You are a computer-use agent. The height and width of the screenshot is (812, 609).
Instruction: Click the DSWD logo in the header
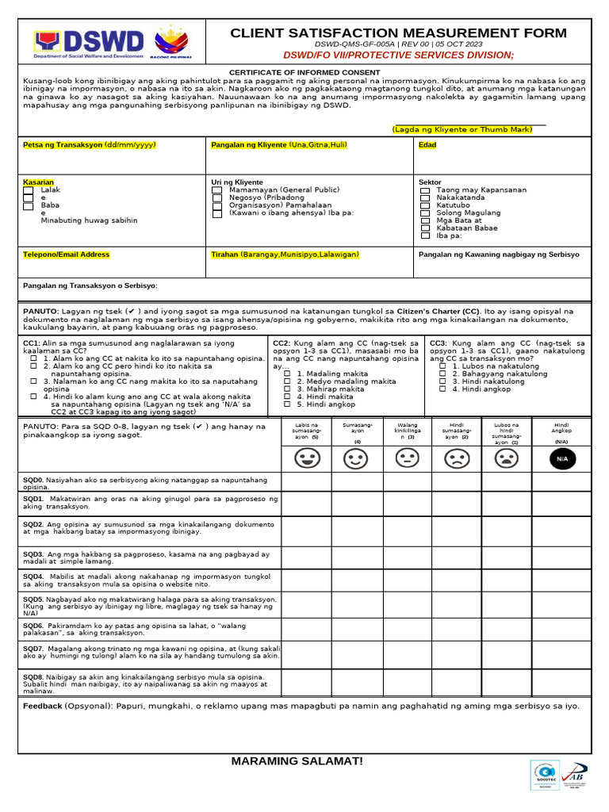pyautogui.click(x=89, y=44)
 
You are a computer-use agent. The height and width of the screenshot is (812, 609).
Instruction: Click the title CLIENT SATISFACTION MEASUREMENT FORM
pyautogui.click(x=398, y=33)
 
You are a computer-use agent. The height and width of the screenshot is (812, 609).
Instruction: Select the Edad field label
pyautogui.click(x=427, y=145)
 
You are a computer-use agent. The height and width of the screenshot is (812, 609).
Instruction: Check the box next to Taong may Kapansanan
pyautogui.click(x=425, y=191)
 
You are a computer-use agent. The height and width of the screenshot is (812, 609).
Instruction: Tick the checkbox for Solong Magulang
pyautogui.click(x=425, y=213)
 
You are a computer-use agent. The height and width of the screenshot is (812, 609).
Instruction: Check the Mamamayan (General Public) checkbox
pyautogui.click(x=217, y=191)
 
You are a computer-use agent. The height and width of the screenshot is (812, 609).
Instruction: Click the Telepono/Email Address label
pyautogui.click(x=67, y=255)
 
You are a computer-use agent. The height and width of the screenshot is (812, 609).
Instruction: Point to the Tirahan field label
pyautogui.click(x=285, y=255)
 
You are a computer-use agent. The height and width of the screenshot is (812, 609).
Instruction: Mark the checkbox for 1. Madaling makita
pyautogui.click(x=288, y=373)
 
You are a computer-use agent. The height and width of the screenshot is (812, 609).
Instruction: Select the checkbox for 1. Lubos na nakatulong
pyautogui.click(x=442, y=366)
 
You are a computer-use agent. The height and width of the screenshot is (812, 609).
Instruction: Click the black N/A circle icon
pyautogui.click(x=561, y=458)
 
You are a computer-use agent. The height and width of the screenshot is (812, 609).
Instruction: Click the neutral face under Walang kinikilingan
pyautogui.click(x=407, y=458)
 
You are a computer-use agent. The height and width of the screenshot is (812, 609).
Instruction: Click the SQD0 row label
pyautogui.click(x=33, y=480)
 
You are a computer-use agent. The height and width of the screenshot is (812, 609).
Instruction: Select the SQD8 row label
pyautogui.click(x=33, y=676)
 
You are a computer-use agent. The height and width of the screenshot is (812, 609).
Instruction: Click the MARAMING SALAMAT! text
pyautogui.click(x=297, y=761)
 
